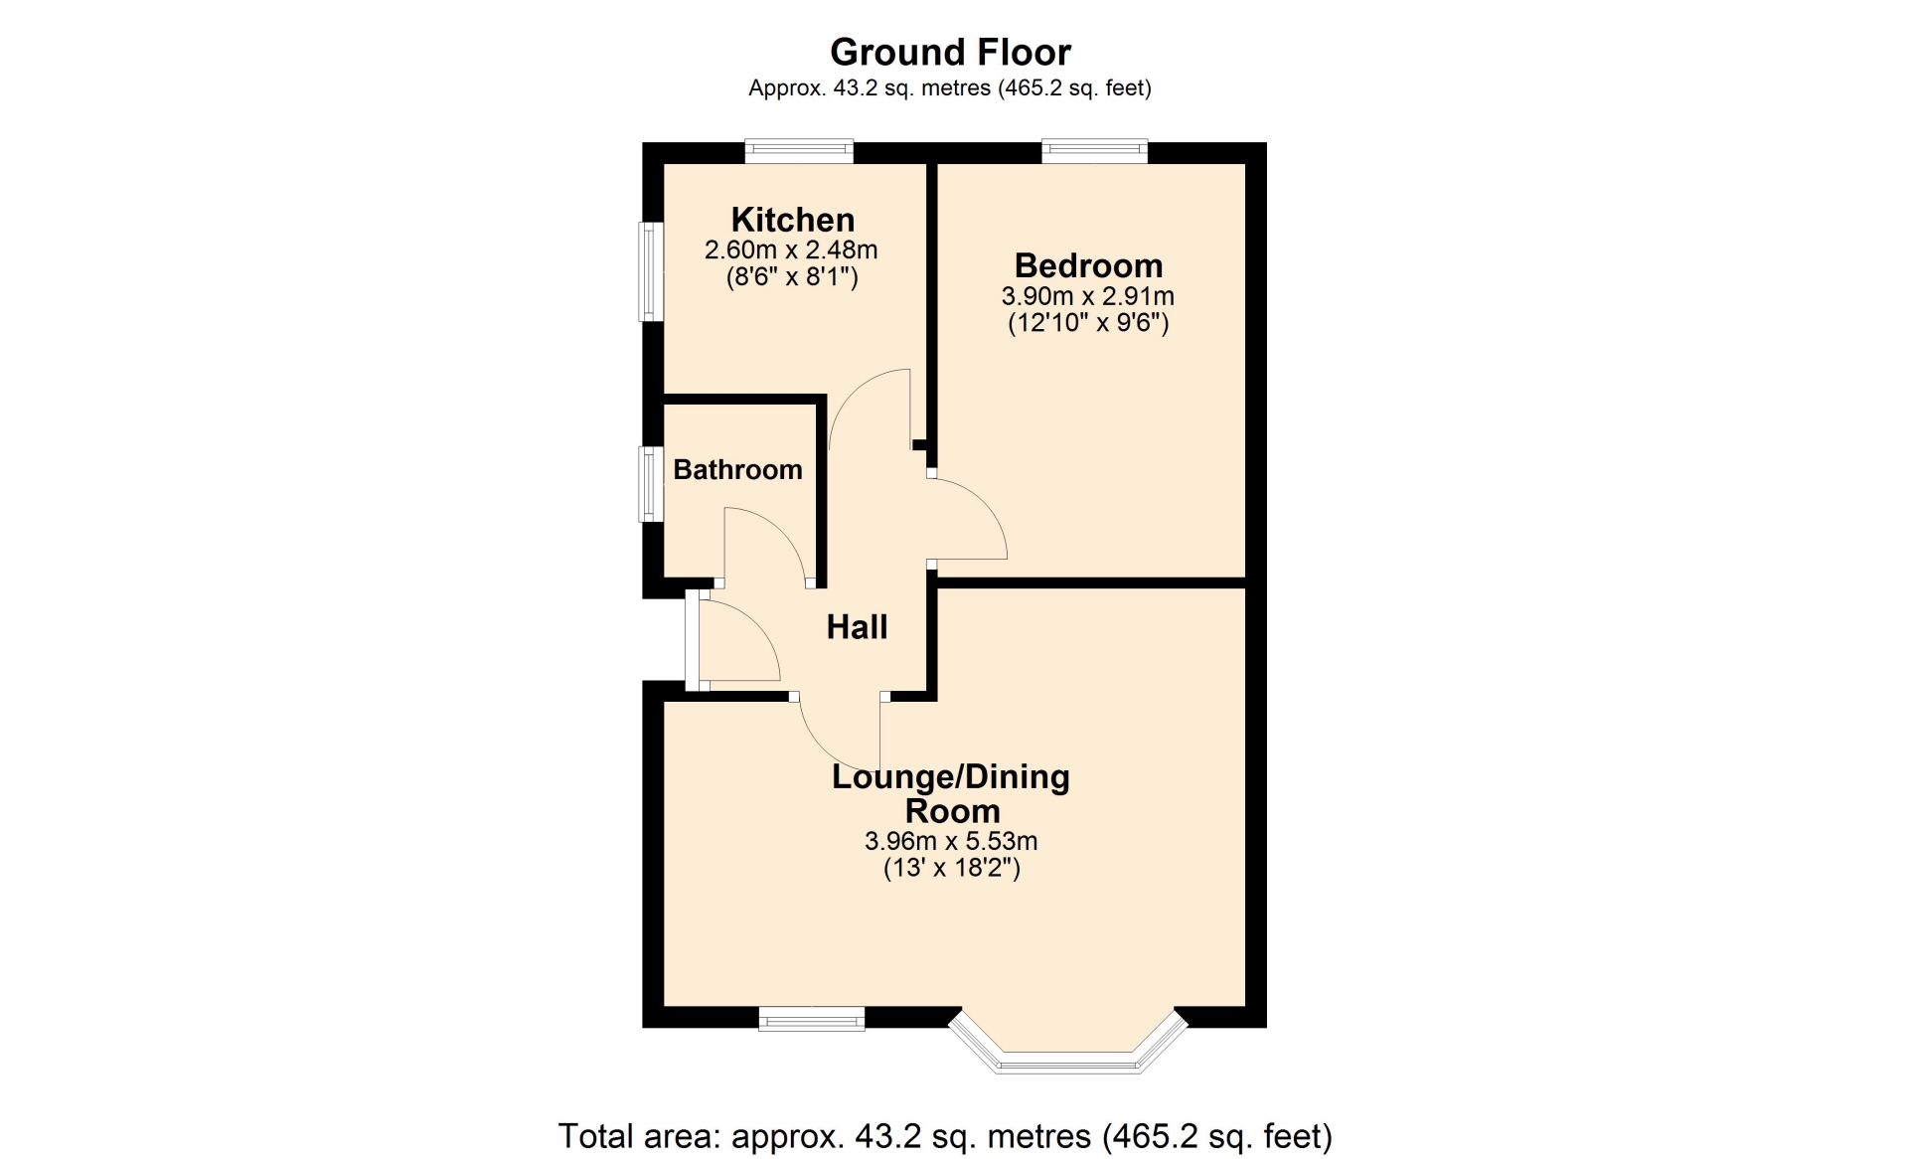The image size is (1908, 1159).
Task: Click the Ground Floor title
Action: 950,52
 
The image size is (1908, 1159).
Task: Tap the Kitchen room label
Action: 793,220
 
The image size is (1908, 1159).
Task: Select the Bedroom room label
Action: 1088,265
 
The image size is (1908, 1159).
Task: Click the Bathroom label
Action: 737,469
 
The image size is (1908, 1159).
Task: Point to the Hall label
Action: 857,626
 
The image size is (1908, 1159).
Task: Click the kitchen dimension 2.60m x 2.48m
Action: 791,249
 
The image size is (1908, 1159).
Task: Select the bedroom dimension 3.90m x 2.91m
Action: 1088,296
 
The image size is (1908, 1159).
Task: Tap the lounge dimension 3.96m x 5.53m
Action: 951,841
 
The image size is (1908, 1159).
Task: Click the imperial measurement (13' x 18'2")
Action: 952,868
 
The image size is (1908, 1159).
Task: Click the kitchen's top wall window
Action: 799,151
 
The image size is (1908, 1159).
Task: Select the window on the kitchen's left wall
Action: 650,271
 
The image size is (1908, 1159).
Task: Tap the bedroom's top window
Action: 1094,151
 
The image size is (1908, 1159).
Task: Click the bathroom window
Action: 650,484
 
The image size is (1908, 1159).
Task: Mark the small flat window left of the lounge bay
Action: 811,1019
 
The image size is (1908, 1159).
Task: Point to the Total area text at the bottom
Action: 945,1135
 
